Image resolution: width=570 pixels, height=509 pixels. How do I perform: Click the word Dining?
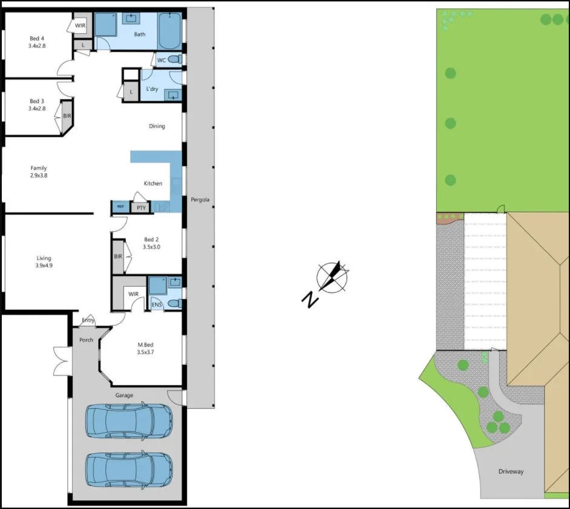click(157, 126)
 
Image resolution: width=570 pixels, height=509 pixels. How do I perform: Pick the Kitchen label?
click(152, 183)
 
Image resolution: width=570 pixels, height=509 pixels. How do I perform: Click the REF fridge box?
click(120, 208)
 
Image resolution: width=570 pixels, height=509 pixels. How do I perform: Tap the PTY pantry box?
click(141, 208)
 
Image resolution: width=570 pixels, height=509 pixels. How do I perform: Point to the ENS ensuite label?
click(156, 305)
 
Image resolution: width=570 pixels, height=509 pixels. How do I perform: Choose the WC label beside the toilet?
click(161, 61)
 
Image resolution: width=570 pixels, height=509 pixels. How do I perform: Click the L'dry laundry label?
click(152, 90)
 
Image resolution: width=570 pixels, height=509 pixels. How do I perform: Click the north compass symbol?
click(331, 278)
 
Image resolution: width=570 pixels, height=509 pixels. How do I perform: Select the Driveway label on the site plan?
click(511, 471)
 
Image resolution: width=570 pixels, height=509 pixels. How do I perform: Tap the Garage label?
click(124, 395)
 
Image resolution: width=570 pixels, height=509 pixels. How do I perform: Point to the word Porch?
click(87, 340)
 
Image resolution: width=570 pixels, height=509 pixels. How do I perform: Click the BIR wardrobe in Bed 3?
click(67, 116)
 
